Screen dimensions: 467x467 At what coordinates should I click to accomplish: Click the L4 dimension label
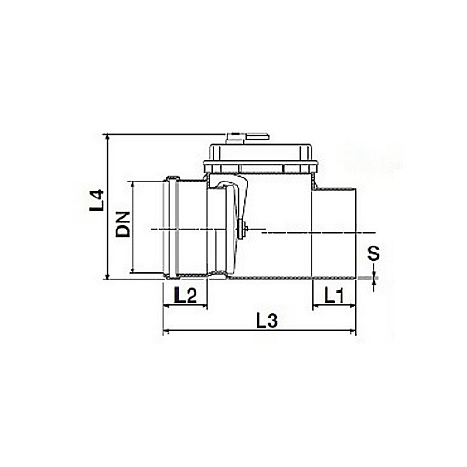pos(97,201)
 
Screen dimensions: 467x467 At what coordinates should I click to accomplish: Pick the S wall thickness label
pos(374,254)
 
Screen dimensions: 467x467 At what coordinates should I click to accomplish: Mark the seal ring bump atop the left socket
pos(173,177)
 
